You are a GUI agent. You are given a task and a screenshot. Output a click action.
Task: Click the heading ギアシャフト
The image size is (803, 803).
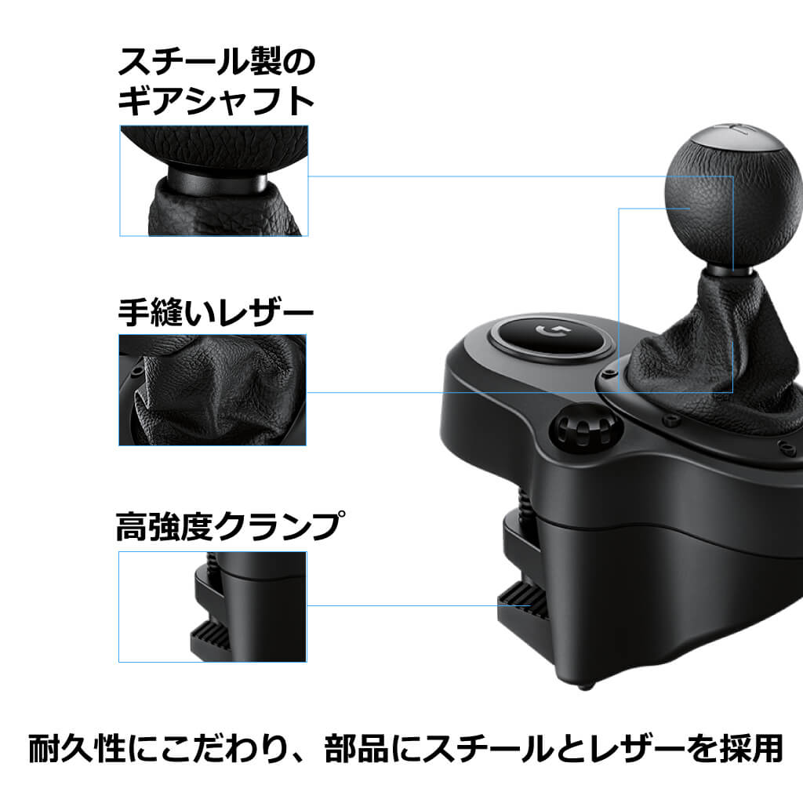click(x=216, y=102)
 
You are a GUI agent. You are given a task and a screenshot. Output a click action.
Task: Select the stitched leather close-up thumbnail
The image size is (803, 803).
click(x=213, y=390)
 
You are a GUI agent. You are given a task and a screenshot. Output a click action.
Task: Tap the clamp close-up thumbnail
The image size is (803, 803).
click(x=213, y=606)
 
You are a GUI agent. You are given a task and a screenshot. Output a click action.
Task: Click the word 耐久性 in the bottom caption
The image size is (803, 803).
click(x=77, y=749)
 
